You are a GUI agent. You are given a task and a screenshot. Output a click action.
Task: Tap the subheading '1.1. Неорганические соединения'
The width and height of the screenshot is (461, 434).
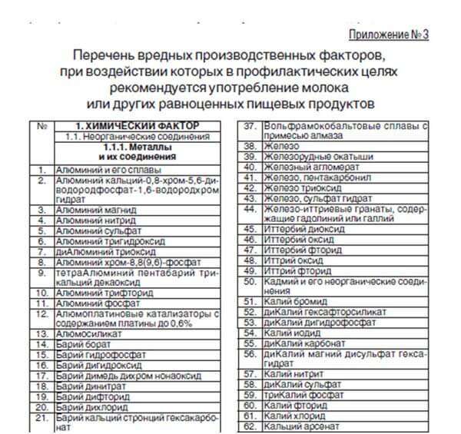tap(137, 136)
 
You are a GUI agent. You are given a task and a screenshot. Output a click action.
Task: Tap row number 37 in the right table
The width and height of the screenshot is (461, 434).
tap(249, 125)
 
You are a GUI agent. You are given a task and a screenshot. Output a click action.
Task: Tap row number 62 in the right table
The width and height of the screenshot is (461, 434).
tap(249, 426)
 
